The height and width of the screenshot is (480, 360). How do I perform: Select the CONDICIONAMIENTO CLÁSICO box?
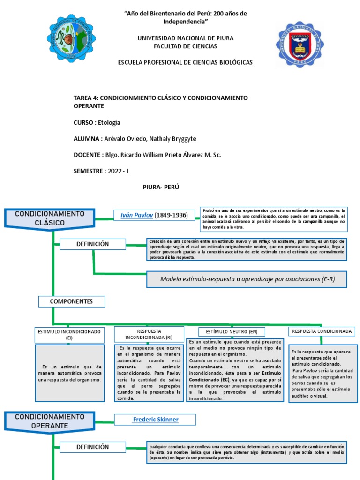point(50,218)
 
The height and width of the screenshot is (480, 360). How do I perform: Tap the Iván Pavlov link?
point(137,215)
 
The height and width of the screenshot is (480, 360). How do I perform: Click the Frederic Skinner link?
point(156,419)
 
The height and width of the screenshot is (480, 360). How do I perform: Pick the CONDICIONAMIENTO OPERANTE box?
point(50,421)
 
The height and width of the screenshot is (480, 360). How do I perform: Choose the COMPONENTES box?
point(71,301)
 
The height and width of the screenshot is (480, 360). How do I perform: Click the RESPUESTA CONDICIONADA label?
point(322,331)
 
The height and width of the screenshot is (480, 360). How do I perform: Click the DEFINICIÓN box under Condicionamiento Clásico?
point(92,244)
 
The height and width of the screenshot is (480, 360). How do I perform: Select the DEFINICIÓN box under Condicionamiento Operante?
point(92,447)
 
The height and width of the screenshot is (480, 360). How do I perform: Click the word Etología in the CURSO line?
point(109,123)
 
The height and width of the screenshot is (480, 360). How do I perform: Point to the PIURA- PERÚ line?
point(161,187)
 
